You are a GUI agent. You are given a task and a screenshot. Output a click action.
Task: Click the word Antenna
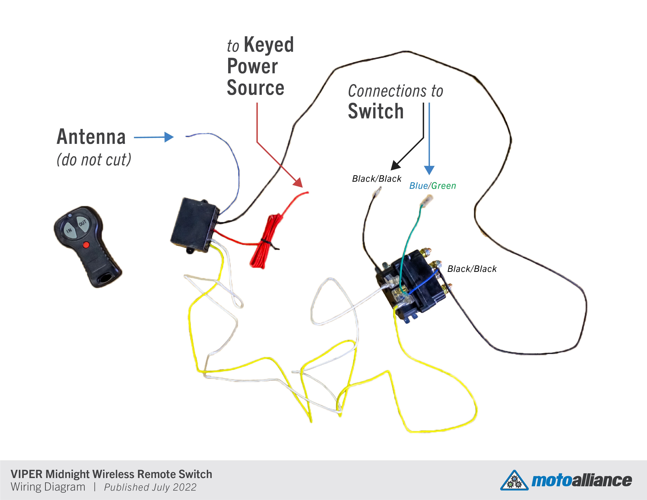coord(91,137)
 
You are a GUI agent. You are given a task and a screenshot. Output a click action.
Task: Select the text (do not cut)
coord(94,160)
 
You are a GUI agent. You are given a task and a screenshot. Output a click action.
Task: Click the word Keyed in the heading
coord(269,45)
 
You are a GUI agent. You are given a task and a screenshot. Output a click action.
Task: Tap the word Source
coord(255,88)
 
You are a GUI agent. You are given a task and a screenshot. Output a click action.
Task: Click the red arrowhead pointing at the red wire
coord(298,183)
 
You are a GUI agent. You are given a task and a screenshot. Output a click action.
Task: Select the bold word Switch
coord(376,111)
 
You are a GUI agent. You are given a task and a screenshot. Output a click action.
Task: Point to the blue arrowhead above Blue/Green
coord(429,170)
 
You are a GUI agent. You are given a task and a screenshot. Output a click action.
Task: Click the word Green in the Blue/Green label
coord(444,186)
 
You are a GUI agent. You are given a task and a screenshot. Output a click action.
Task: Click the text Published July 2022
coord(150,487)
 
